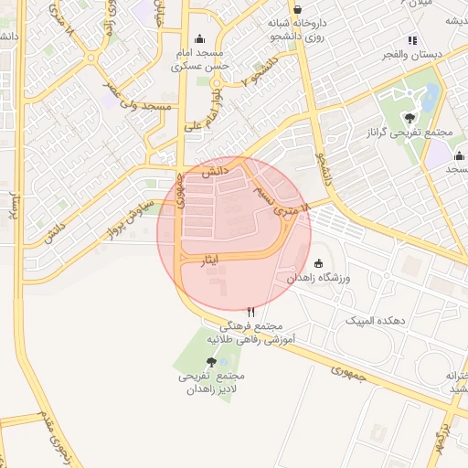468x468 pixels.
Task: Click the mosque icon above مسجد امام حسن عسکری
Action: (199, 39)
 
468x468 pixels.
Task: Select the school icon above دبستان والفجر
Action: (412, 40)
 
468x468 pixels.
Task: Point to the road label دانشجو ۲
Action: (256, 70)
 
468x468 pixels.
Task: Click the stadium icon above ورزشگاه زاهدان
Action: (317, 263)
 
